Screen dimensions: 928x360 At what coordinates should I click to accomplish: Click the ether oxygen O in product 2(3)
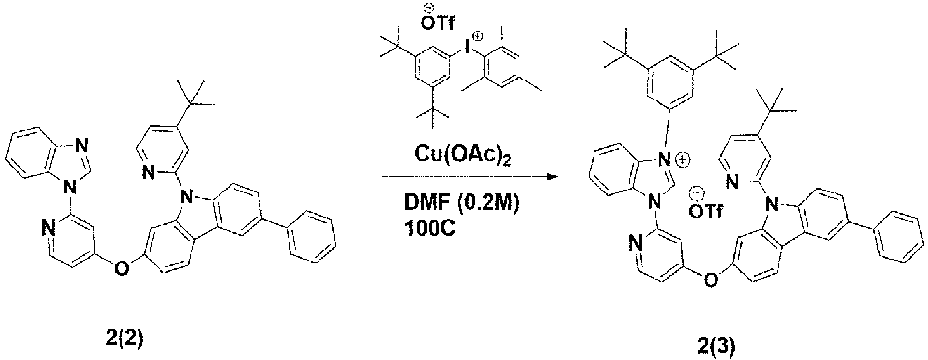click(710, 280)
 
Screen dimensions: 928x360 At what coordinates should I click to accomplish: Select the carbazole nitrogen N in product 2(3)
click(772, 205)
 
